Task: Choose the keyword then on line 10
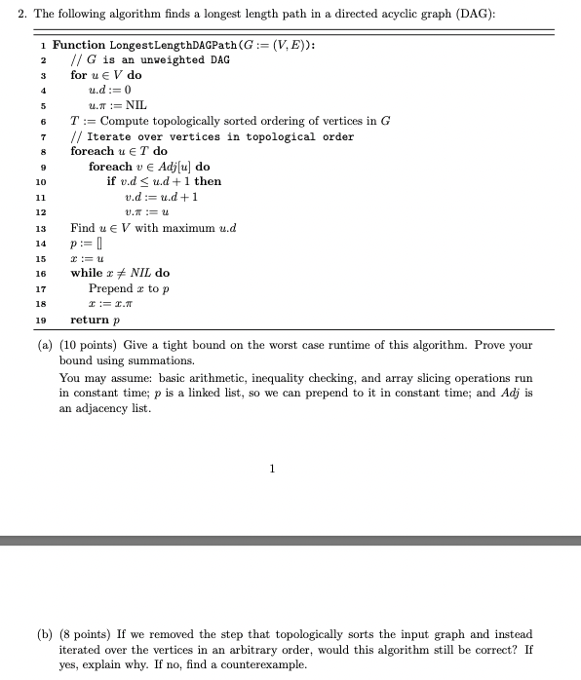[x=209, y=181]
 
